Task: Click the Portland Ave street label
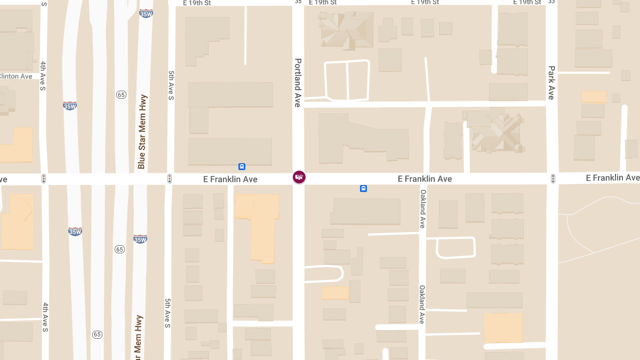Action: [298, 82]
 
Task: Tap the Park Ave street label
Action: [551, 82]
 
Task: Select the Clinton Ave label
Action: [16, 76]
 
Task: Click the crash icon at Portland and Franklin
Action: [299, 177]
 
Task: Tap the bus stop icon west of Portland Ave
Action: [242, 166]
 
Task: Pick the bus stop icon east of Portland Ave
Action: [363, 188]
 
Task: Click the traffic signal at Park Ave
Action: [553, 178]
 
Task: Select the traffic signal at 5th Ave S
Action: [170, 179]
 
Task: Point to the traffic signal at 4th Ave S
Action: [44, 179]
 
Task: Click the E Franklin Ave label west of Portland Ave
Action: [230, 179]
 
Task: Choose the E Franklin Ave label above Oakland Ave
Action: [425, 179]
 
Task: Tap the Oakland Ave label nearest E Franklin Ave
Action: [422, 209]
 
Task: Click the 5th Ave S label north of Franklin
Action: [171, 86]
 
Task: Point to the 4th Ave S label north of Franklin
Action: [43, 75]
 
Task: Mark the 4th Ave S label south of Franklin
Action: [45, 317]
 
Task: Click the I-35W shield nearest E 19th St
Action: [146, 14]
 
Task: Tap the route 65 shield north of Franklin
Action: [121, 95]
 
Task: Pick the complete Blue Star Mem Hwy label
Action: [142, 131]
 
